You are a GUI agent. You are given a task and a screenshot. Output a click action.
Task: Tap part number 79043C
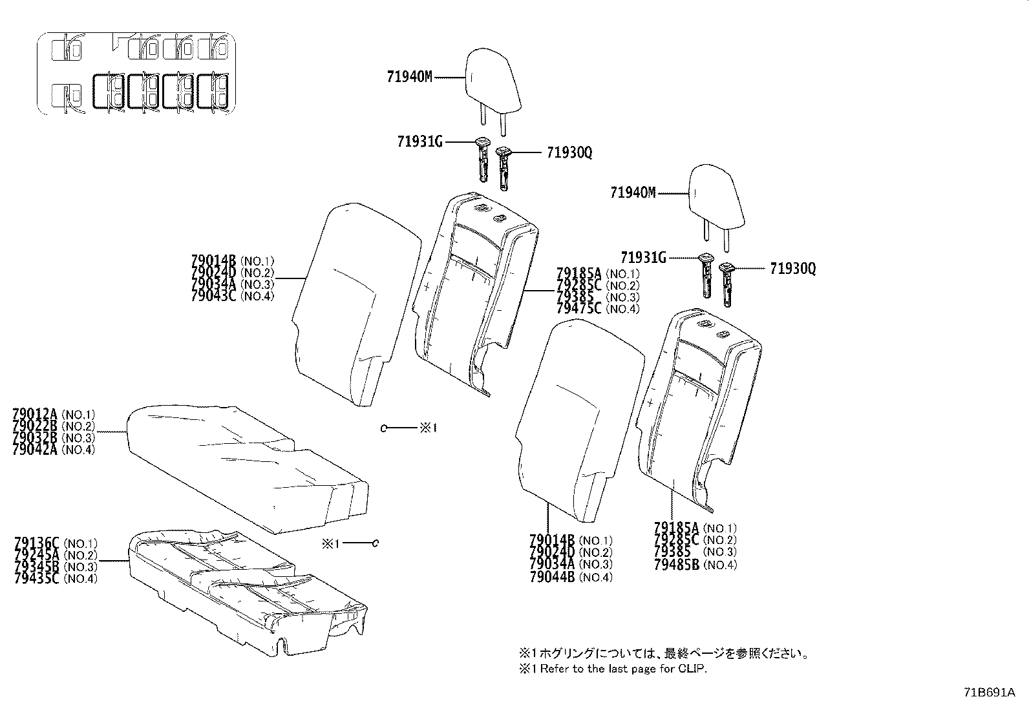[x=214, y=297]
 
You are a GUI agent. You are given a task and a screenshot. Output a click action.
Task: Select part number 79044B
[x=551, y=578]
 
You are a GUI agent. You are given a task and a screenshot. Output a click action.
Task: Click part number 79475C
[x=578, y=309]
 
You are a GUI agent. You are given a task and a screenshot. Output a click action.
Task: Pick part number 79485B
[x=676, y=565]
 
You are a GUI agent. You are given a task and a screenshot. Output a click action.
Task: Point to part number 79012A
[x=35, y=414]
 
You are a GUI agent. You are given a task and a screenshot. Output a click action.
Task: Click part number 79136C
[x=36, y=543]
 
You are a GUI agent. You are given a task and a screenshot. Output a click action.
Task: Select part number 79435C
[x=36, y=578]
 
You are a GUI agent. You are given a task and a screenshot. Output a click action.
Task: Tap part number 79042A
[x=35, y=449]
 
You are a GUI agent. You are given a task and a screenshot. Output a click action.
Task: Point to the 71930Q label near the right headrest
[x=792, y=269]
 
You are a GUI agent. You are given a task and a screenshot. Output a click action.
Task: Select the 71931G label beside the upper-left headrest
[x=419, y=142]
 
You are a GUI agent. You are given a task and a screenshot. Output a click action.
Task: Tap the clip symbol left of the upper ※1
[x=383, y=428]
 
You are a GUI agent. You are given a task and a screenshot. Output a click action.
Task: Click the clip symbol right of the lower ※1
[x=376, y=543]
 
